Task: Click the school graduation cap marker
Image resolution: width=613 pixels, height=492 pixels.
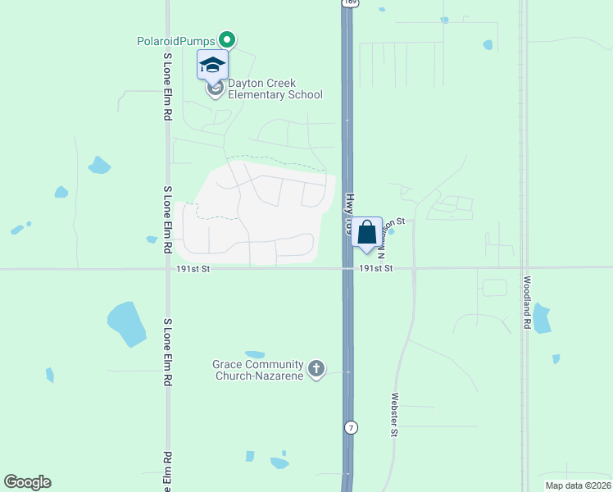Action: coord(212,65)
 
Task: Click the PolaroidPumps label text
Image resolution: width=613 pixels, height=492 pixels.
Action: coord(175,40)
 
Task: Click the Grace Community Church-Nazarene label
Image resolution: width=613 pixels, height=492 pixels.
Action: coord(257,370)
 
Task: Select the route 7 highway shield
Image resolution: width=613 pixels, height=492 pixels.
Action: coord(351,428)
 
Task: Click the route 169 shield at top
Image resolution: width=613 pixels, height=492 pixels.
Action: coord(350,2)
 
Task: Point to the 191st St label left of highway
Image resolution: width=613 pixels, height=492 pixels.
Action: coord(193,268)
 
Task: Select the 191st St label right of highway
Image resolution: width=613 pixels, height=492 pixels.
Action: coord(376,268)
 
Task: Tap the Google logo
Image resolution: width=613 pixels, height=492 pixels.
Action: coord(27,482)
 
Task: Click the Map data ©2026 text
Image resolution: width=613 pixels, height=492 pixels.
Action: coord(578,485)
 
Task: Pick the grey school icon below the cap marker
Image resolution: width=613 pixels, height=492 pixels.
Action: coord(215,89)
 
